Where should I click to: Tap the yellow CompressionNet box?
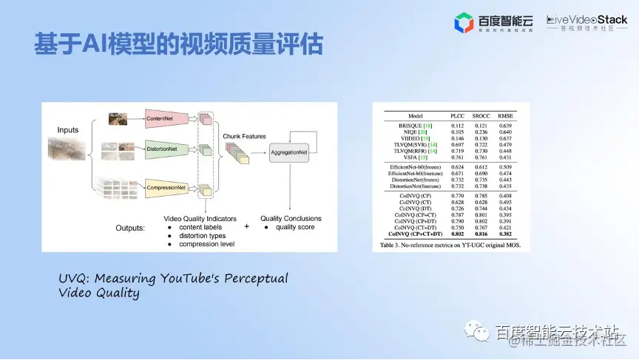[166, 189]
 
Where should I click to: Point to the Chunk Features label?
[243, 136]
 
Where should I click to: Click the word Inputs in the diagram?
[68, 130]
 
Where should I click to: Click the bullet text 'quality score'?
[295, 227]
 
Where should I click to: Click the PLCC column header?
[459, 116]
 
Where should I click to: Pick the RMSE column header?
[506, 116]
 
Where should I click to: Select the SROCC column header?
[482, 116]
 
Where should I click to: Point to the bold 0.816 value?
[482, 233]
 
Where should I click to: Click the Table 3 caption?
[450, 243]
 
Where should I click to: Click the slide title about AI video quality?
[178, 43]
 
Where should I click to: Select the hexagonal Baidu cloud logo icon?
[464, 23]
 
